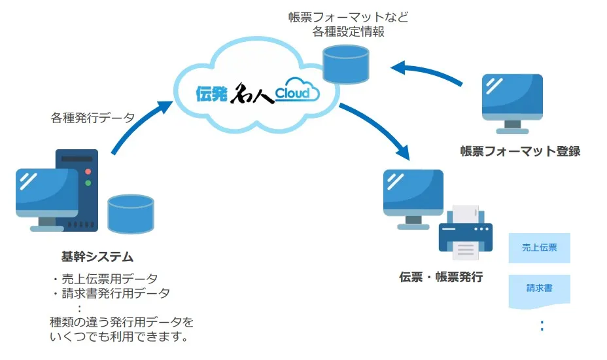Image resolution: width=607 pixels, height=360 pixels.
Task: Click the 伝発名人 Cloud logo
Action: coord(257,93)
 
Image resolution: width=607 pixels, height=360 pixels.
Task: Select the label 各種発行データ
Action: coord(93,118)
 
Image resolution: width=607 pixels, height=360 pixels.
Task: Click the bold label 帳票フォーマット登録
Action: coord(520,151)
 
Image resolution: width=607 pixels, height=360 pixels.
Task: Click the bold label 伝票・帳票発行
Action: coord(441,276)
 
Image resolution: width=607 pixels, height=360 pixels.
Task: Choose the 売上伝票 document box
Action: coord(539,248)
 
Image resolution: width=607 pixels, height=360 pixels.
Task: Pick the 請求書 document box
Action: coord(539,287)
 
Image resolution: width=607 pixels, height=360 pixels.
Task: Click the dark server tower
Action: coord(77,190)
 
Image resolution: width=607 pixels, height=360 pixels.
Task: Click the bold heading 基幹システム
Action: coord(97,256)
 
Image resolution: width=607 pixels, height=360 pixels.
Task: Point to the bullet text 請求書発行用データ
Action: coord(114,293)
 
